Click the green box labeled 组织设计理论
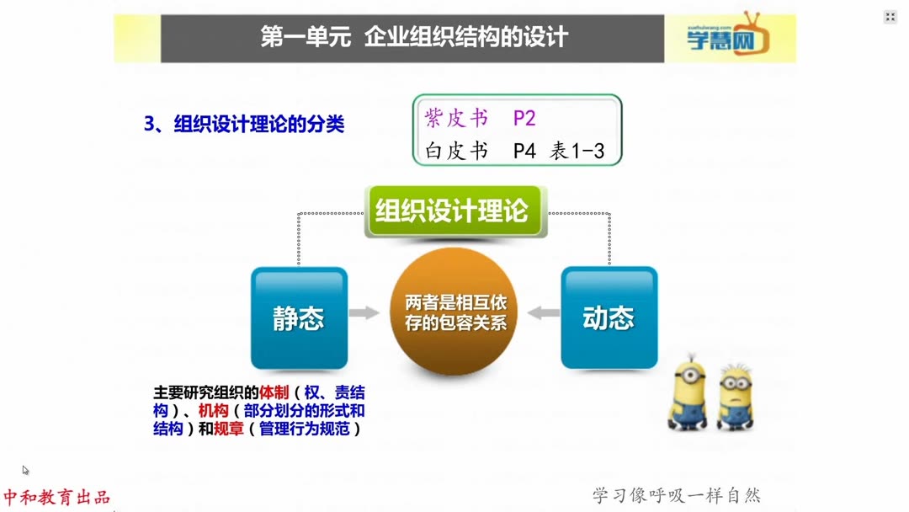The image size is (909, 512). point(455,211)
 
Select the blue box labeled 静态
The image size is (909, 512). point(299,317)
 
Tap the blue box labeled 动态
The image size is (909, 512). point(609,317)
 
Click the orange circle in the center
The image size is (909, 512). point(454,312)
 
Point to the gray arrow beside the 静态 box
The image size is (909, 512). point(364,313)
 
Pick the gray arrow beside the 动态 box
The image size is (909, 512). point(544,313)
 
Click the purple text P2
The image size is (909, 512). point(524,118)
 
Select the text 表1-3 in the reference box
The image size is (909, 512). point(577,152)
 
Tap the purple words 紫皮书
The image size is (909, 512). point(456,118)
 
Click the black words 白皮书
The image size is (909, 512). point(456,152)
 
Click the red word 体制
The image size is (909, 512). point(274,392)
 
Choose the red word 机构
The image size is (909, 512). point(213,411)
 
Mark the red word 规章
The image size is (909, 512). point(229,429)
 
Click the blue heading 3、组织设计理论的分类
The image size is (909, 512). point(244,124)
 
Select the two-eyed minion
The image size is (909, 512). point(735,397)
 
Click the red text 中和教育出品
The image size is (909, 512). point(56,497)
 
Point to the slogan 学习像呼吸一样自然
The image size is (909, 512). point(677,495)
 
